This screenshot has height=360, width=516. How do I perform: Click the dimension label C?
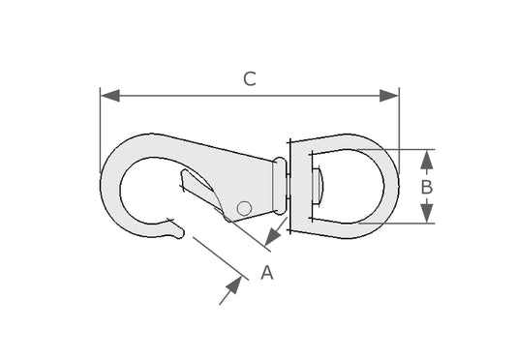coord(250,79)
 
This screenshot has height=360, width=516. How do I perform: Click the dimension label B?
coord(427,187)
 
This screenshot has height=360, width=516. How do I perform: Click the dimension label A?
coord(267,273)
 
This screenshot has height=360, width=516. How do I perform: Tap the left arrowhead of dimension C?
coord(110,96)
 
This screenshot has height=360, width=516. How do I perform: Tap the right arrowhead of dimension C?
coord(389,96)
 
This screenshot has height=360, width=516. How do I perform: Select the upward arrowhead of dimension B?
coord(427,160)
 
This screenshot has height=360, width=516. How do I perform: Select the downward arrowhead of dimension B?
coord(427,213)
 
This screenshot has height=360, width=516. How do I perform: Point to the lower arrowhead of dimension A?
coord(234,285)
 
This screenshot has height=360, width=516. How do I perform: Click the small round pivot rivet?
coord(244,208)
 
